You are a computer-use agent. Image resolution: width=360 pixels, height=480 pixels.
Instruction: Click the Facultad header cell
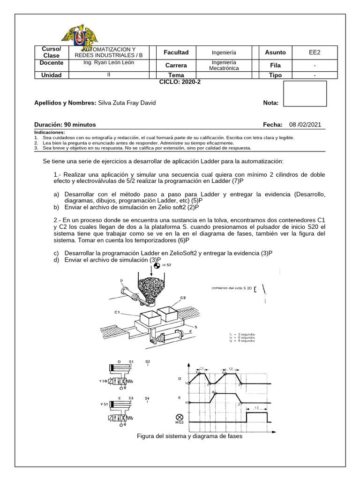coord(176,52)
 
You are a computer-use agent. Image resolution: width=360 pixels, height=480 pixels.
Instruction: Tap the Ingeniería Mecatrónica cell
coord(224,65)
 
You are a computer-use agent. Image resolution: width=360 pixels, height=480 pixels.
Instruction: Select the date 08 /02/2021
coord(305,125)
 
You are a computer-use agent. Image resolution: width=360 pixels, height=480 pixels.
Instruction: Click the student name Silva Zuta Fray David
coord(127,103)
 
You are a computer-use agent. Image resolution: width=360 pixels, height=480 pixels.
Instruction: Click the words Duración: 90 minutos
coord(65,125)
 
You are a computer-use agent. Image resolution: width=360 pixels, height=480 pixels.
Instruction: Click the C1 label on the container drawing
coord(117,311)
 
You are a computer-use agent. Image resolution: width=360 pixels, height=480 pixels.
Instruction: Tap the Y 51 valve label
coord(103,403)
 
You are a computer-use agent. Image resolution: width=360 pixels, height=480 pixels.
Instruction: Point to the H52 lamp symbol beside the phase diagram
coord(179,418)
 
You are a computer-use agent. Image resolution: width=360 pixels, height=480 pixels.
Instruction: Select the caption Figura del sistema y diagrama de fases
coord(189,436)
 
